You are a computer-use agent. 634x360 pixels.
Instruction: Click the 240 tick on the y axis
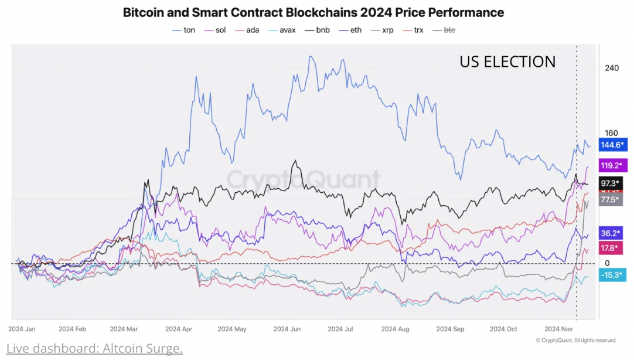pyautogui.click(x=611, y=68)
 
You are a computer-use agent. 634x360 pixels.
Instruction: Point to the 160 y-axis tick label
pyautogui.click(x=611, y=133)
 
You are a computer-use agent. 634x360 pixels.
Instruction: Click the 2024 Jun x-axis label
pyautogui.click(x=287, y=330)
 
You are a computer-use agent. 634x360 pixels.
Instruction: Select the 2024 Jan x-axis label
pyautogui.click(x=23, y=330)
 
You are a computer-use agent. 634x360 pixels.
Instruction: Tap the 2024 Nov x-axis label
pyautogui.click(x=559, y=330)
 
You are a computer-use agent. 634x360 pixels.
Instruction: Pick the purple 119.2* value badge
pyautogui.click(x=612, y=165)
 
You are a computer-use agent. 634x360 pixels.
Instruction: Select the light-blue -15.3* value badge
pyautogui.click(x=612, y=275)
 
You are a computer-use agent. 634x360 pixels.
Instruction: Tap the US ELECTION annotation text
pyautogui.click(x=507, y=62)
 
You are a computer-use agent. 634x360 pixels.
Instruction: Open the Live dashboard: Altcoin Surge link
pyautogui.click(x=95, y=349)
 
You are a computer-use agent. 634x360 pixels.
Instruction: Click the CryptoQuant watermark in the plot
pyautogui.click(x=303, y=179)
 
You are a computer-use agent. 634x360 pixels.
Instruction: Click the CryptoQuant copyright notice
pyautogui.click(x=575, y=340)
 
